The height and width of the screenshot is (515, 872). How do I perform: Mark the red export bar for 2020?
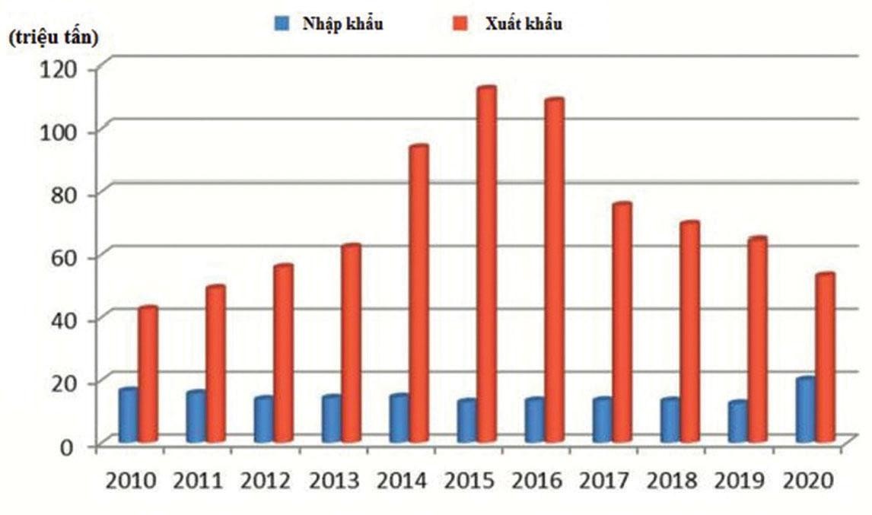click(825, 358)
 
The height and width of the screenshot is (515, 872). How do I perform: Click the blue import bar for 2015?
click(467, 421)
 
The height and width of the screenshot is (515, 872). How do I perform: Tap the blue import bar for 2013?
click(332, 418)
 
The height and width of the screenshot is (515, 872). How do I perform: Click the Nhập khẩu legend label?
click(342, 24)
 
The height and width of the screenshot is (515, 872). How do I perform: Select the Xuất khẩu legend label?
click(524, 24)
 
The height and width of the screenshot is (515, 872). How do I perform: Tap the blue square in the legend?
click(281, 24)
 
